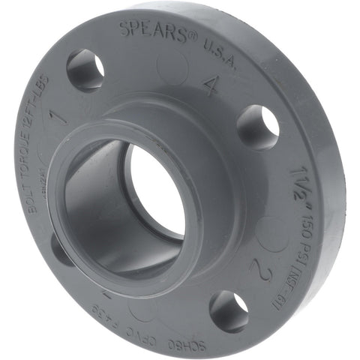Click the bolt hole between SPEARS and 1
click(x=85, y=70)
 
